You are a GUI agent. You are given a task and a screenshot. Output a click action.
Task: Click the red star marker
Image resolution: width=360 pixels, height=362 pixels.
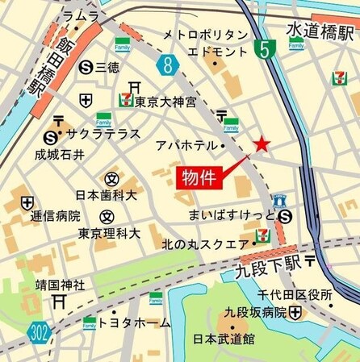(x=262, y=144)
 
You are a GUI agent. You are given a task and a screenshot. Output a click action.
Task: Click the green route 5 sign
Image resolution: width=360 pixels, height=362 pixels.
(x=262, y=50)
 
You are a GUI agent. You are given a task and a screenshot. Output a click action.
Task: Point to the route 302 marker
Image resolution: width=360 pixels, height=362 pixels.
(x=37, y=331)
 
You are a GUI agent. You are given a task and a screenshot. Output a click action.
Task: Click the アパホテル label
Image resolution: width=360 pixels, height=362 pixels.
(x=188, y=145)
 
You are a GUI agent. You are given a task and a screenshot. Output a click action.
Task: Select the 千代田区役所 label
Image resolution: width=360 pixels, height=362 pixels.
(x=300, y=295)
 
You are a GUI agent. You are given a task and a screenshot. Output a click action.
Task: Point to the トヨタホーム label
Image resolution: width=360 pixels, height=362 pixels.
(x=140, y=322)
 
